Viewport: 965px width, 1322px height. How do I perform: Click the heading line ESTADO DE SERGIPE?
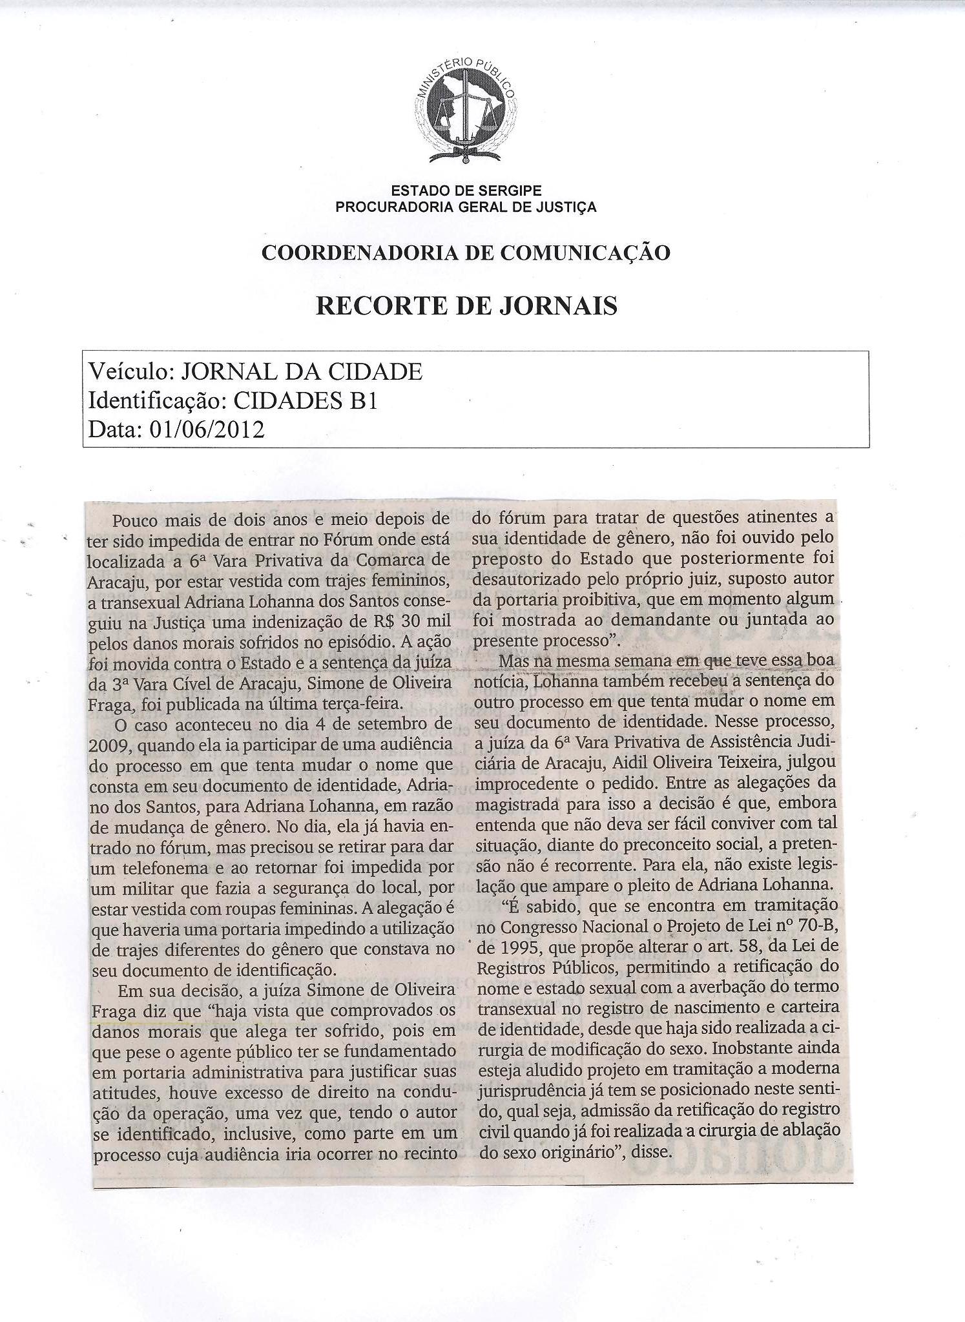(466, 191)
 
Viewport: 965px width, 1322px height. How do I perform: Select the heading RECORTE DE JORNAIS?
(466, 305)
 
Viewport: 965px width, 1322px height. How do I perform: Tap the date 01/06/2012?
(207, 429)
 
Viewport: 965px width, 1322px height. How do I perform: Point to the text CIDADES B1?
(304, 401)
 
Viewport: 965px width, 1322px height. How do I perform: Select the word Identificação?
(156, 401)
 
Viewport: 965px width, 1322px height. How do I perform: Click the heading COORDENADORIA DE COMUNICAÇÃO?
(466, 253)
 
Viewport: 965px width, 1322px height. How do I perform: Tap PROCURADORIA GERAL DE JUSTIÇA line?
(466, 207)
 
